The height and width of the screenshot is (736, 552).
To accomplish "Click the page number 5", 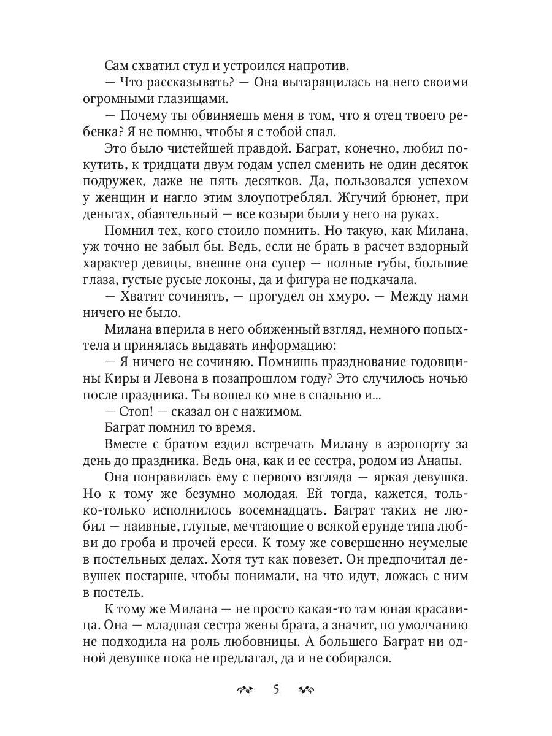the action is click(x=276, y=689).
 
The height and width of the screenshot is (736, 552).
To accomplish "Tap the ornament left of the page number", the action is click(x=245, y=690).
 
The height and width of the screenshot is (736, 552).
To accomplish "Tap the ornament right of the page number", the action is click(x=306, y=690).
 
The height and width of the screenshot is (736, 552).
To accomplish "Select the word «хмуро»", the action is click(x=339, y=297).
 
